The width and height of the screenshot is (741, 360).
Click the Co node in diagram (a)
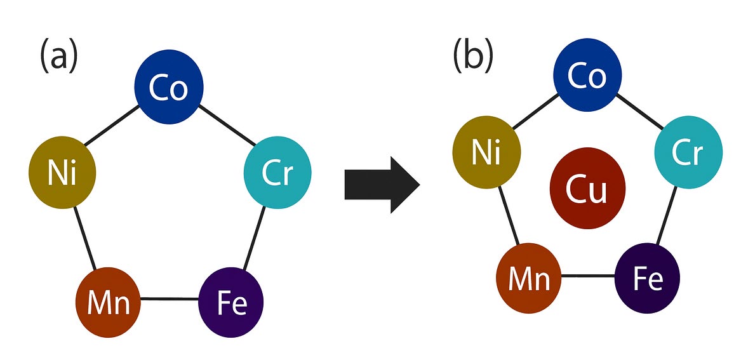point(169,88)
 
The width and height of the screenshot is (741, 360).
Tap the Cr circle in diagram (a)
point(277,172)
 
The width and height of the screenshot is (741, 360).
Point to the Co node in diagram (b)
point(587,76)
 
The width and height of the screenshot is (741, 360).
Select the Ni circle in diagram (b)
point(486,152)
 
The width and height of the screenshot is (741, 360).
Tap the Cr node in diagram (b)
point(688,152)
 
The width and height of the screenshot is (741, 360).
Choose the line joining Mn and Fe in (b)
point(588,277)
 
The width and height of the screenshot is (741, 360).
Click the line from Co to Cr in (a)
point(225,126)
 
